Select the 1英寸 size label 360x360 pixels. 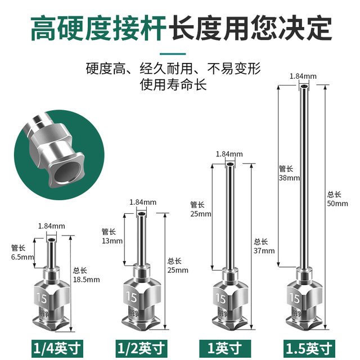(229, 345)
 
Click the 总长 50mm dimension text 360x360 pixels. (337, 199)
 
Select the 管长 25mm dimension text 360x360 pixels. (201, 209)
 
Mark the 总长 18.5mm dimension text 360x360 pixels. (85, 274)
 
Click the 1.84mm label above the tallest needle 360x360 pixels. (302, 75)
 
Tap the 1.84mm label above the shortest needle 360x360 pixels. (51, 226)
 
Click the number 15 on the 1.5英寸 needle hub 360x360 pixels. (294, 297)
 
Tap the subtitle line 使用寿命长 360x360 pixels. (174, 85)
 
